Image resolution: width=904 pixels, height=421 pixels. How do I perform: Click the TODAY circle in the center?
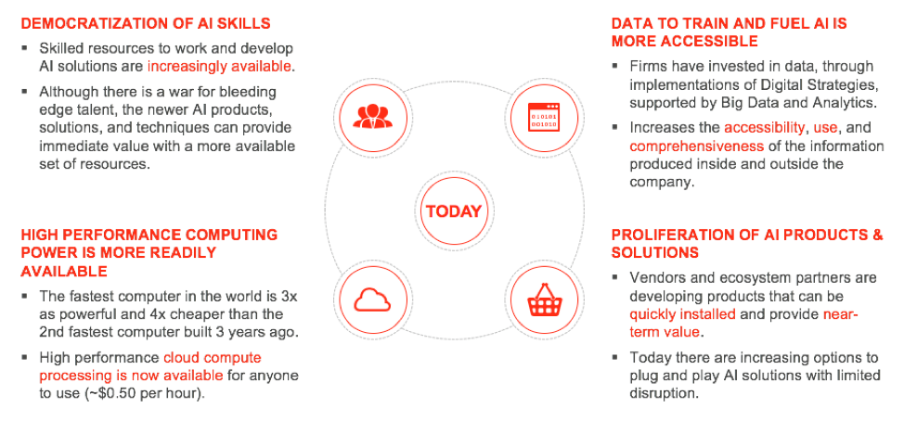coord(453,210)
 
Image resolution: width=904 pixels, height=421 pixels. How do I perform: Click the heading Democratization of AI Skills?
coord(146,23)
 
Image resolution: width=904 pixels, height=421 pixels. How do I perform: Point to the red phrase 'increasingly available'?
coord(219,66)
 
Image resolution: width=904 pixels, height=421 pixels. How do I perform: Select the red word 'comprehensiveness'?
coord(696,147)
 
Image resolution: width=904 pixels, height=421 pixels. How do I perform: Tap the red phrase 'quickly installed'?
coord(682,315)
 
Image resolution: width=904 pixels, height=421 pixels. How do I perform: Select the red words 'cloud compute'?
coord(212,358)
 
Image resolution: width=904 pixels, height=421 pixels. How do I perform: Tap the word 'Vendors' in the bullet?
coord(656,277)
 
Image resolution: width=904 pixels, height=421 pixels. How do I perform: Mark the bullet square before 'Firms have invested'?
coord(616,67)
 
